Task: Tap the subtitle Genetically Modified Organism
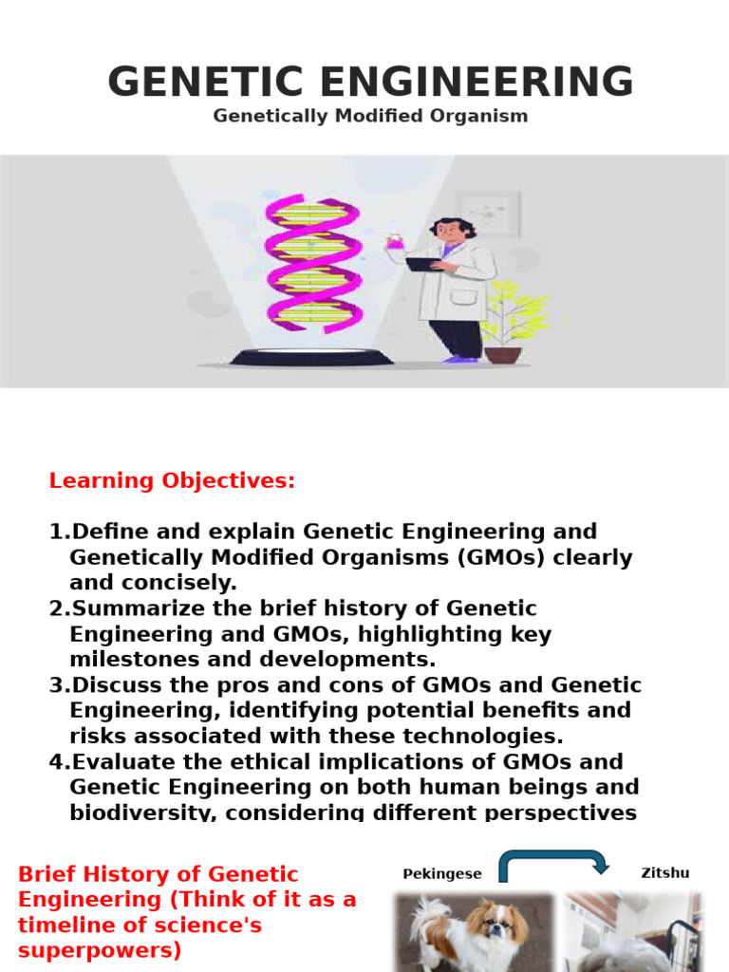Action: pyautogui.click(x=370, y=116)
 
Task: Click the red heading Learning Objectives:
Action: pyautogui.click(x=172, y=480)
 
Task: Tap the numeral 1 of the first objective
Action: pyautogui.click(x=55, y=532)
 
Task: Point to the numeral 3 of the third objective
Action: pyautogui.click(x=55, y=685)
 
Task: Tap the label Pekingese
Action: pyautogui.click(x=442, y=873)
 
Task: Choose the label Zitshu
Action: pyautogui.click(x=665, y=873)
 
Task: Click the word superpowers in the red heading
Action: pyautogui.click(x=101, y=950)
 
